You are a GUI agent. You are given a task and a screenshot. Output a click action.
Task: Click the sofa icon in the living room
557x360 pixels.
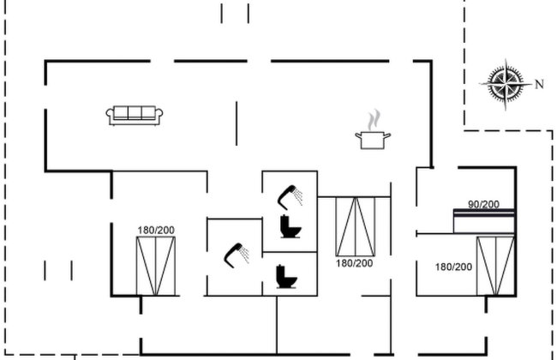[x=135, y=116]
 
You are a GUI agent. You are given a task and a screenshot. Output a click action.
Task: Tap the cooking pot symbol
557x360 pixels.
[x=373, y=140]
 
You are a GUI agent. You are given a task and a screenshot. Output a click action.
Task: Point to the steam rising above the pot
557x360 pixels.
[x=374, y=119]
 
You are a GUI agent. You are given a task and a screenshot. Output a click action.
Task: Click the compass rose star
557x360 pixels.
[x=506, y=84]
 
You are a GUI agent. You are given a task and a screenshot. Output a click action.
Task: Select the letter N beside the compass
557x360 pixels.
[x=539, y=84]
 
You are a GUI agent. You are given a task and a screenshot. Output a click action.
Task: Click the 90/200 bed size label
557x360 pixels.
[x=483, y=204]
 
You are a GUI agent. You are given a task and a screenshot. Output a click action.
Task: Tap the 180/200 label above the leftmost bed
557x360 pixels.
[x=156, y=231]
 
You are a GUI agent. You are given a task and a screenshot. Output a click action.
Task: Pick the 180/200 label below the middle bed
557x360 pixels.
[x=354, y=263]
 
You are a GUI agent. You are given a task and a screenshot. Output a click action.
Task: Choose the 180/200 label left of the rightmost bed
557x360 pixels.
[x=453, y=267]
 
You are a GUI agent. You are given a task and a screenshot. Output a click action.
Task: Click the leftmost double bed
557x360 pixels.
[x=156, y=267]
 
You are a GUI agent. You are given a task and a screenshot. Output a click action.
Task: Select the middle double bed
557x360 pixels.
[x=356, y=227]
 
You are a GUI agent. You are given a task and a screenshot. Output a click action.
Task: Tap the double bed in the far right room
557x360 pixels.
[x=495, y=266]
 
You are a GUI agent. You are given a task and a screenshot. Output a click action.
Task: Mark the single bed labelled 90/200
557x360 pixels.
[x=484, y=221]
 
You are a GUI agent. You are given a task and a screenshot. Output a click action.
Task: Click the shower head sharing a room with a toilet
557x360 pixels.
[x=290, y=197]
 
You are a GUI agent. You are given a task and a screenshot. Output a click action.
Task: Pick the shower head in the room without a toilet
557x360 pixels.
[x=237, y=255]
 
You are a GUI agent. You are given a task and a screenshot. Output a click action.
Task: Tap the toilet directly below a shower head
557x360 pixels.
[x=290, y=226]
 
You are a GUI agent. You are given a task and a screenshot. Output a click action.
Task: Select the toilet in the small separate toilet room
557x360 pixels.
[x=286, y=277]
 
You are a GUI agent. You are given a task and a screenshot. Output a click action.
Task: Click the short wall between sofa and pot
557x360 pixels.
[x=237, y=123]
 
